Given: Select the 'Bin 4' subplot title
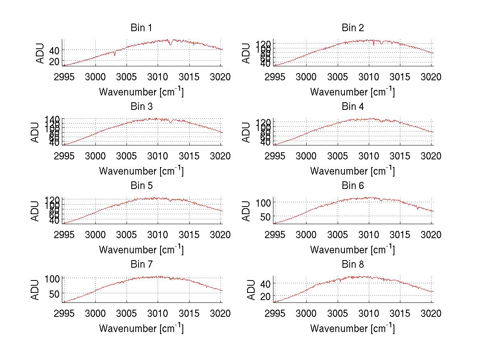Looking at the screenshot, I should coord(352,107).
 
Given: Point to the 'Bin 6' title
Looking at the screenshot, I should coord(352,186).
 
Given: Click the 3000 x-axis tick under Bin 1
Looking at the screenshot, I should coord(95,77).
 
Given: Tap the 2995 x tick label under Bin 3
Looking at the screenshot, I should coord(64,156).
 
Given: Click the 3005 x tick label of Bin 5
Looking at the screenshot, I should coord(127,235).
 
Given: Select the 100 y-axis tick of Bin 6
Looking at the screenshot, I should coord(263,202).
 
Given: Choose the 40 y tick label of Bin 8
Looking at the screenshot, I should coord(265,283).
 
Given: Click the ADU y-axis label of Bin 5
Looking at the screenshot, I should coord(35,211).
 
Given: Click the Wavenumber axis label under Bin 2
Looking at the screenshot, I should coord(352,92).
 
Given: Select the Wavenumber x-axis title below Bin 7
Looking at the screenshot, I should coord(141,328).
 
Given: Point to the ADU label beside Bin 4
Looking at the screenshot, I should coord(246,132).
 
